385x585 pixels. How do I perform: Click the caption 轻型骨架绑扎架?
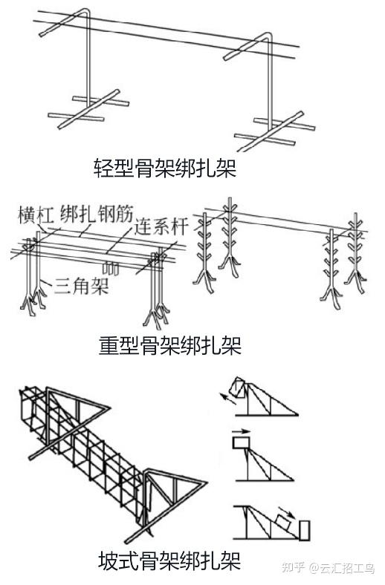coord(165,169)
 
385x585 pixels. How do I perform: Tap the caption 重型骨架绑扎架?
coord(170,345)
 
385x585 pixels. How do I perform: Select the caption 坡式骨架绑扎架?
coord(169,560)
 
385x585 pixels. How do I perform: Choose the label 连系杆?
coord(161,226)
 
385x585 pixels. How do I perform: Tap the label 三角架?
coord(82,286)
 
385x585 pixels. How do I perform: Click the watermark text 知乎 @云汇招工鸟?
coord(329,568)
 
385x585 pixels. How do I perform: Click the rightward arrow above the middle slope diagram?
coord(241,431)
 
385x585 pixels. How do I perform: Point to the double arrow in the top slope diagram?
coord(230,399)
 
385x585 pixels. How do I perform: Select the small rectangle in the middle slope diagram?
coord(242,443)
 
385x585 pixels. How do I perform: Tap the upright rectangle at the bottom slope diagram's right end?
coord(304,530)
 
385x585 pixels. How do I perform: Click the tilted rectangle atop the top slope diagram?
coord(239,388)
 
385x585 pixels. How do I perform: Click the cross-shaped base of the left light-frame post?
coord(88,109)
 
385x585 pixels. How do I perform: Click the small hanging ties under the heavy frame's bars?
coord(110,269)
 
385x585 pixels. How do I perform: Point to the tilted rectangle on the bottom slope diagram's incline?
coord(285,522)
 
